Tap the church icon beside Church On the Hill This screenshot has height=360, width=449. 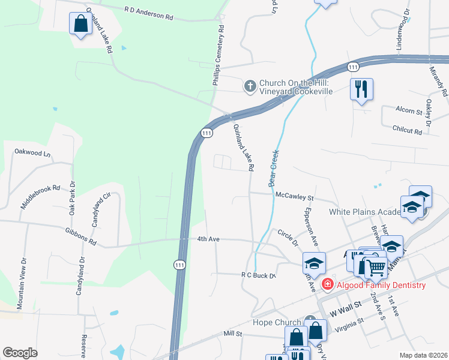click(x=250, y=86)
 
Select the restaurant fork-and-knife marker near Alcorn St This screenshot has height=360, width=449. click(x=361, y=89)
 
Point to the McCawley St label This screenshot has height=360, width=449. click(x=295, y=196)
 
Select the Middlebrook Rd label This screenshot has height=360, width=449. click(x=41, y=196)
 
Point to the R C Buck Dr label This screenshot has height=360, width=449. click(x=258, y=275)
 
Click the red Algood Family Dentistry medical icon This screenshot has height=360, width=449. click(x=328, y=284)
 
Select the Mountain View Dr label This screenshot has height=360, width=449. click(x=23, y=275)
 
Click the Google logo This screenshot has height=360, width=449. click(x=20, y=353)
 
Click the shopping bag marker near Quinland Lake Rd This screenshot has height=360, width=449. click(x=80, y=24)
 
